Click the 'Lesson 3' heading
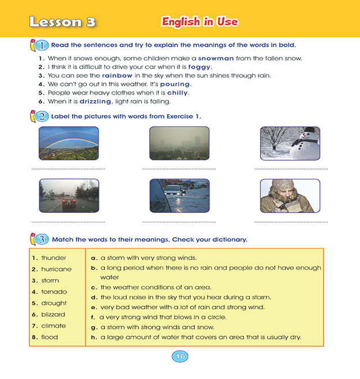tap(62, 22)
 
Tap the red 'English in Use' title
tap(200, 22)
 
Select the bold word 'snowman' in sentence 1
tap(216, 58)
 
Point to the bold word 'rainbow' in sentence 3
tap(117, 76)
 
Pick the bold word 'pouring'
tap(175, 84)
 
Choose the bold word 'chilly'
tap(178, 93)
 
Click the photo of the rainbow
tap(69, 143)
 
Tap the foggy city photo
tap(179, 143)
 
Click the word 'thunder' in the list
tap(54, 258)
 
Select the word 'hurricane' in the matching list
tap(57, 269)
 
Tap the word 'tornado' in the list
tap(54, 292)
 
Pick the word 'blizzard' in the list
tap(53, 314)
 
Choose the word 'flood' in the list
tap(50, 337)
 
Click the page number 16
tap(180, 357)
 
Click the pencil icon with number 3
tap(38, 238)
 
